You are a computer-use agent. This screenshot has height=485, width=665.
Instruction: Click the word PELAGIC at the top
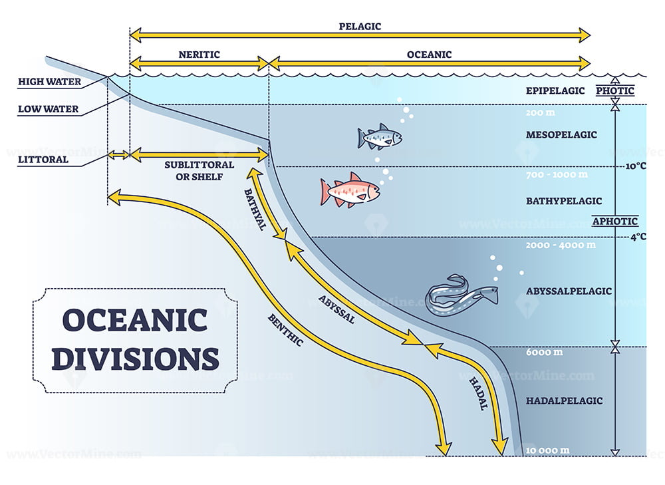coord(360,27)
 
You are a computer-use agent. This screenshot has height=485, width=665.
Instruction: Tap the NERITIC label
coord(199,55)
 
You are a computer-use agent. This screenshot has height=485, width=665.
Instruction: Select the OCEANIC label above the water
coord(429,55)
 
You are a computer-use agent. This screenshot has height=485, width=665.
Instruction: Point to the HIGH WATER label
coord(49,82)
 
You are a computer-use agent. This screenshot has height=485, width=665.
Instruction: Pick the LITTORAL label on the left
coord(43,160)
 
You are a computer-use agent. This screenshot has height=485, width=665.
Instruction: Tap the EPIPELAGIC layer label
coord(554,90)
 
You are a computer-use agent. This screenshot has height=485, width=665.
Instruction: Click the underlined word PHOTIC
coord(615,90)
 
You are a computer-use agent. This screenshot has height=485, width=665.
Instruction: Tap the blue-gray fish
coord(380,137)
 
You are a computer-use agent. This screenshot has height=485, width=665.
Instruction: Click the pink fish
coord(350,191)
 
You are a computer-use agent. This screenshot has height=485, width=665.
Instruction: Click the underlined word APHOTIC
coord(615,222)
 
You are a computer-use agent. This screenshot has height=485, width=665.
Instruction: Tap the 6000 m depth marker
coord(543,352)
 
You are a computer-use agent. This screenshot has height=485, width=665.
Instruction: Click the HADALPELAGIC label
coord(564,401)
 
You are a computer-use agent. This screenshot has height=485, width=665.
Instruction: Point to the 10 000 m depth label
coord(547,450)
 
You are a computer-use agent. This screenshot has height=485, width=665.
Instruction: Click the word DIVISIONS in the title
coord(135,359)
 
